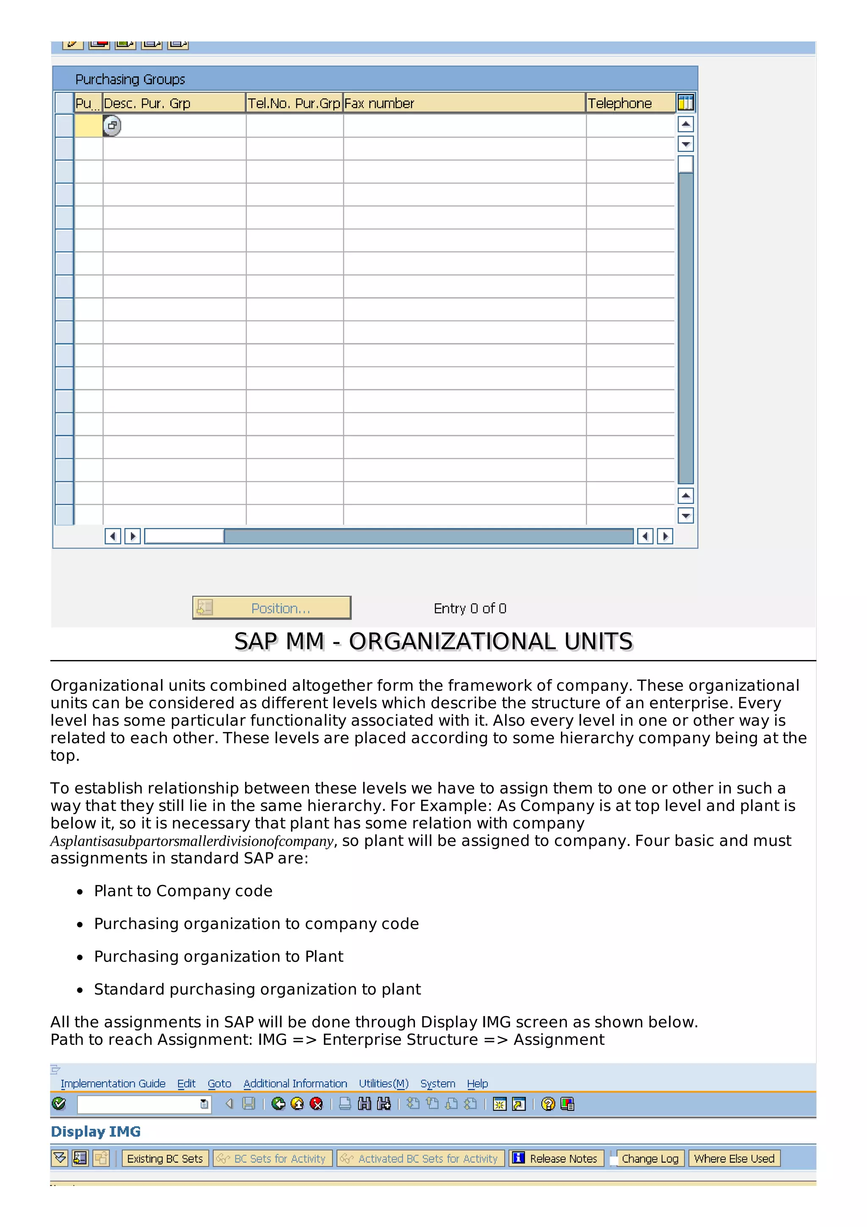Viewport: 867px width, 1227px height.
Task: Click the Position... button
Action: click(271, 608)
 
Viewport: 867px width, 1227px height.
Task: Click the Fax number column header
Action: click(464, 103)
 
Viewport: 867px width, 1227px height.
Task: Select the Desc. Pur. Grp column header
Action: click(174, 103)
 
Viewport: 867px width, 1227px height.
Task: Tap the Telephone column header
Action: click(630, 103)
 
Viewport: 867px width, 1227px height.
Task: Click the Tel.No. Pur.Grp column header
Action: click(294, 103)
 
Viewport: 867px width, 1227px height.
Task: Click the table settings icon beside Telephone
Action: click(685, 102)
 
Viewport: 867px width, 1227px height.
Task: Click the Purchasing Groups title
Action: click(130, 79)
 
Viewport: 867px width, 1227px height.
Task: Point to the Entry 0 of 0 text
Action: click(469, 608)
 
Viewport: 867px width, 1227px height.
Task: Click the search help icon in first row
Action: click(112, 126)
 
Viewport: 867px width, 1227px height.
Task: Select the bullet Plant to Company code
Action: click(183, 891)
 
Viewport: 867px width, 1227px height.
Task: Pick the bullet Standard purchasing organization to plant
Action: click(257, 989)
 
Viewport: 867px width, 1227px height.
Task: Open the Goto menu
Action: click(219, 1083)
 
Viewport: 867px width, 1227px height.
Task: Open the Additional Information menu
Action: click(295, 1083)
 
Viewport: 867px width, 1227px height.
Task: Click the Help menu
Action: click(477, 1083)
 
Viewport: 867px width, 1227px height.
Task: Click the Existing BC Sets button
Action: click(165, 1158)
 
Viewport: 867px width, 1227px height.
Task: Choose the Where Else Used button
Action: click(734, 1158)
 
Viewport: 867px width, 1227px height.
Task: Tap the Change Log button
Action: click(649, 1158)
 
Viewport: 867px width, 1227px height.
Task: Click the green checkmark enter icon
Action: click(59, 1103)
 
